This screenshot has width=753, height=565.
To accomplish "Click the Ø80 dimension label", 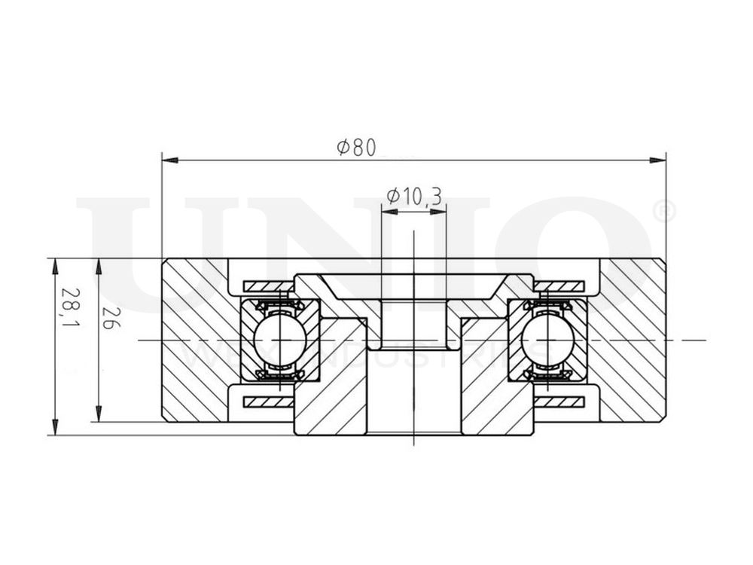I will [356, 147].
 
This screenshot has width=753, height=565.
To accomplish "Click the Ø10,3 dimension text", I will [413, 197].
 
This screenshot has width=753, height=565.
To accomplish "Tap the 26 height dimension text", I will [111, 321].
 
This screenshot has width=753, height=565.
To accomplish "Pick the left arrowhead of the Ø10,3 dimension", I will [389, 212].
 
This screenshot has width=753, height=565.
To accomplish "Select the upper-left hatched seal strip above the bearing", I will [268, 286].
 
